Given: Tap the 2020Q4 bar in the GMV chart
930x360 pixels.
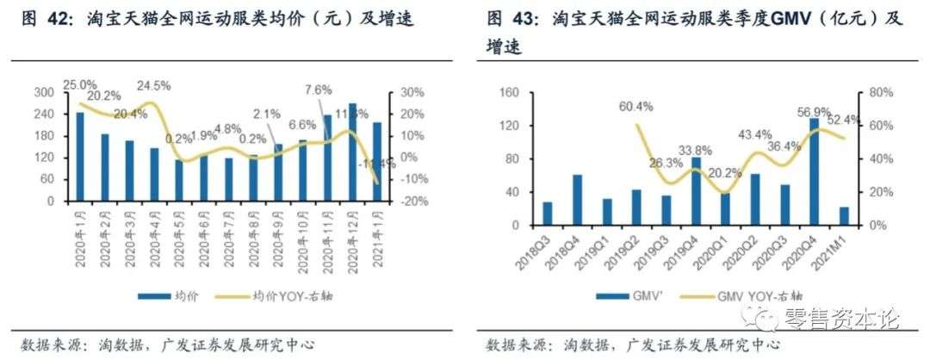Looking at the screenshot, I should coord(814,172).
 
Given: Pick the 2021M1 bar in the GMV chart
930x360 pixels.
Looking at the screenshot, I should coord(844,215).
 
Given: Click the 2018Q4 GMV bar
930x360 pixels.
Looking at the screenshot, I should coord(577,200).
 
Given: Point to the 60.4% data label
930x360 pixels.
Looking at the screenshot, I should coord(636,108).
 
